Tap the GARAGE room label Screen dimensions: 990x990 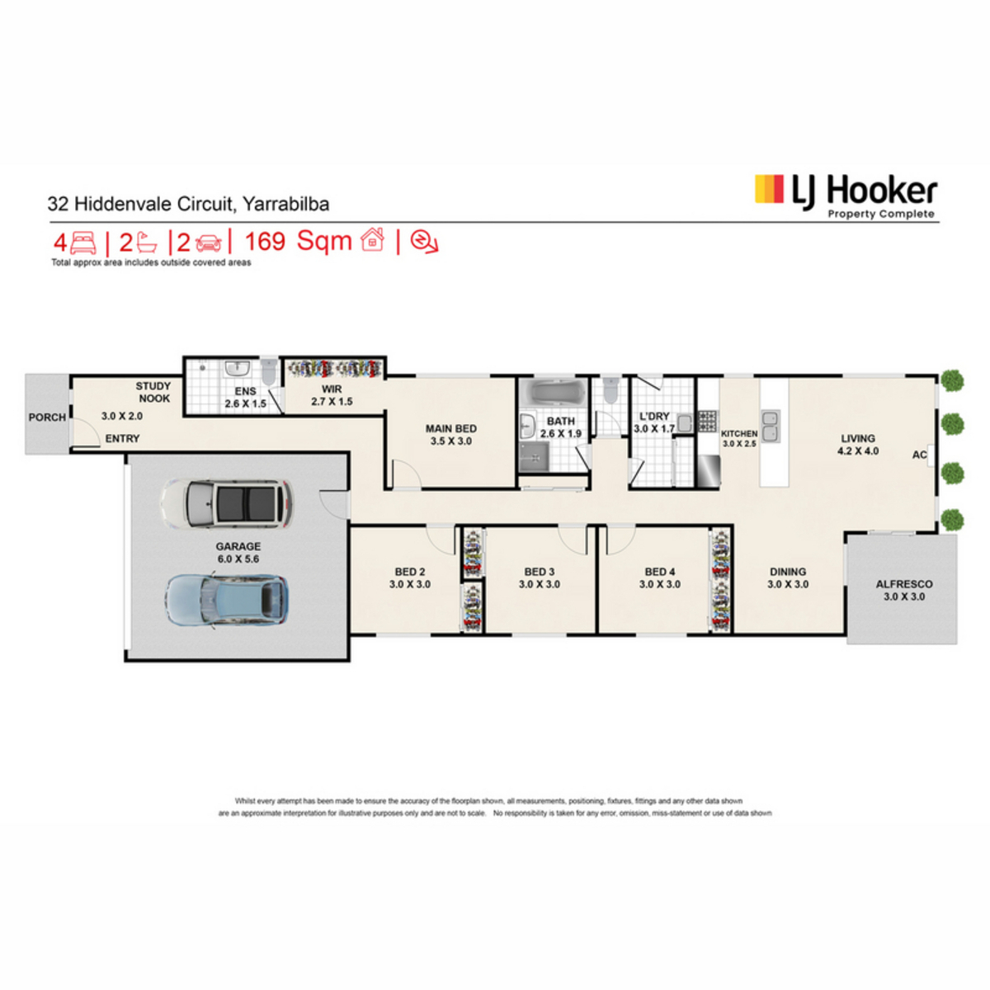[238, 546]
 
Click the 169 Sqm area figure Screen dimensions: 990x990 [298, 241]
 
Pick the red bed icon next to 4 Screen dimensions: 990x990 [83, 242]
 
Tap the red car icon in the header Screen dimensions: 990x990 [209, 243]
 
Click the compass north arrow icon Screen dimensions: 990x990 [424, 241]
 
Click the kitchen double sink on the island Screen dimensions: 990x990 [770, 426]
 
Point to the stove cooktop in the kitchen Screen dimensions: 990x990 [707, 421]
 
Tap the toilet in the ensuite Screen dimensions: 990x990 [268, 371]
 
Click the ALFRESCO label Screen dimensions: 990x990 [903, 584]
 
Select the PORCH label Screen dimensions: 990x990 [47, 417]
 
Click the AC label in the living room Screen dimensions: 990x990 [919, 455]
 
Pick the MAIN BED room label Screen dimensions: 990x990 [450, 428]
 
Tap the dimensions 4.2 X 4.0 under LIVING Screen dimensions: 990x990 [857, 451]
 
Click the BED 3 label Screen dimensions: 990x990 [539, 572]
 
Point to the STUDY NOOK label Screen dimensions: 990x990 [153, 392]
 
